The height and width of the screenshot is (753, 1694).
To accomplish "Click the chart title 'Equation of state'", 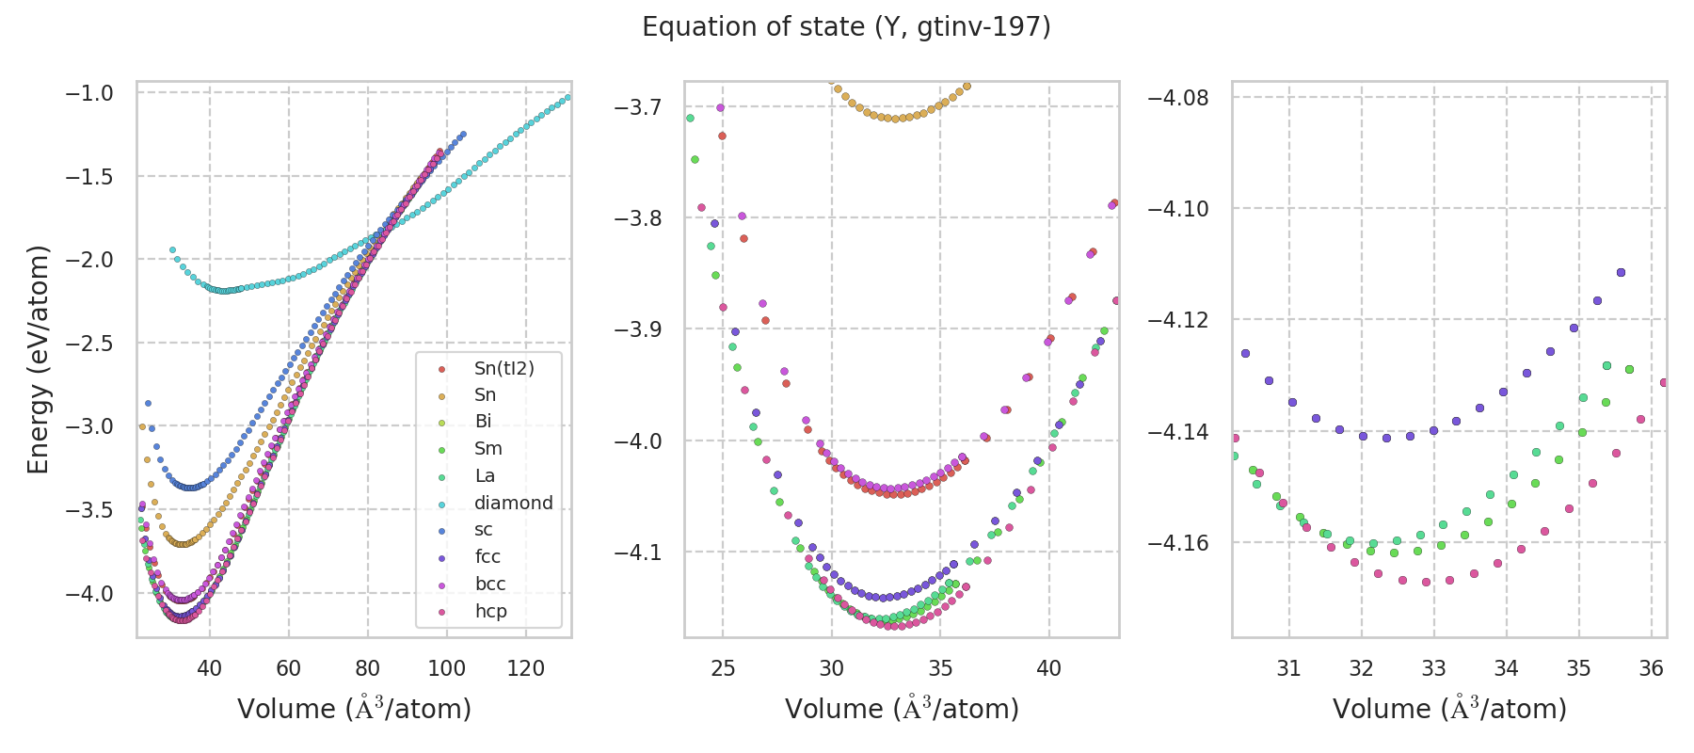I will [x=846, y=27].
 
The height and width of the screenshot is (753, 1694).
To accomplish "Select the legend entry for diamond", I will [x=513, y=503].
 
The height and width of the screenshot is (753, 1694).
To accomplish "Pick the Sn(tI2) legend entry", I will [x=503, y=368].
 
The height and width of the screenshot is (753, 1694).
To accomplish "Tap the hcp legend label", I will [x=490, y=611].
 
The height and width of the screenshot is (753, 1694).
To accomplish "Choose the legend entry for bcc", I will [x=490, y=584].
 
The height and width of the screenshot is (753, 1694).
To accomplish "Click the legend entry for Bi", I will [x=483, y=422].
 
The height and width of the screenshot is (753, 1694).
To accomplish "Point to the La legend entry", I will [x=484, y=475].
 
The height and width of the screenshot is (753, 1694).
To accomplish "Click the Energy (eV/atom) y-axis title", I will [x=39, y=360].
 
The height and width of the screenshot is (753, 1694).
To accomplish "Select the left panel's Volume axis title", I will [x=354, y=709].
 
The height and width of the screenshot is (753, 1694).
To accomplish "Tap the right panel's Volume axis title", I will [x=1449, y=709].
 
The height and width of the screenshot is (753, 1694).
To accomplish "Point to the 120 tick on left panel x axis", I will [x=526, y=668].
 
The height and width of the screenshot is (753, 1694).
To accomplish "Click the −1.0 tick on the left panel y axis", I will [x=89, y=93].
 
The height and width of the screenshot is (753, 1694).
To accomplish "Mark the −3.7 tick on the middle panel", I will [x=638, y=106].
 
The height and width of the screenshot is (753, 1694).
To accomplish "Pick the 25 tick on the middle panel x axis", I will [x=723, y=668].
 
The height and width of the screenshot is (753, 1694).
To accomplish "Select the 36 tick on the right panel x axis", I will [x=1652, y=668].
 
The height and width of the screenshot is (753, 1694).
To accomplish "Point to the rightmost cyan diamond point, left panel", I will [x=567, y=97].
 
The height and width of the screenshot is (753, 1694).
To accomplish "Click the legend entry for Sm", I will [x=487, y=449].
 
